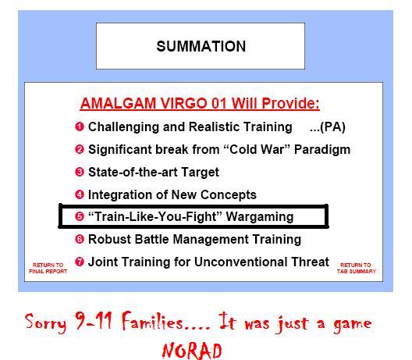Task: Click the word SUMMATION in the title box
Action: (201, 46)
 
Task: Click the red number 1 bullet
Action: (80, 127)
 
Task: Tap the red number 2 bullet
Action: (80, 149)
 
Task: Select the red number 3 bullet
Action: (80, 172)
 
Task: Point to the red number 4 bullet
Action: (80, 194)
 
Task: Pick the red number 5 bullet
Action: (80, 216)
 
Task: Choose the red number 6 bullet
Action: (80, 239)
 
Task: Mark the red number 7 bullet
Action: (80, 262)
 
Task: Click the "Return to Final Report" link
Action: (48, 268)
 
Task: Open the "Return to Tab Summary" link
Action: (357, 268)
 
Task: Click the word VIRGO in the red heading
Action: (183, 103)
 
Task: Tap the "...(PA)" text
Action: (328, 127)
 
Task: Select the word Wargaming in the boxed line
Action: (260, 217)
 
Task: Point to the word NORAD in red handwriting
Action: (192, 351)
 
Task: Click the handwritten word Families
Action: (152, 321)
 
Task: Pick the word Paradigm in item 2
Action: (322, 150)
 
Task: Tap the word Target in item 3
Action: (200, 173)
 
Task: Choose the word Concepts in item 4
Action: (229, 195)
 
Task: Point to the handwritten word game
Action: (353, 325)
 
